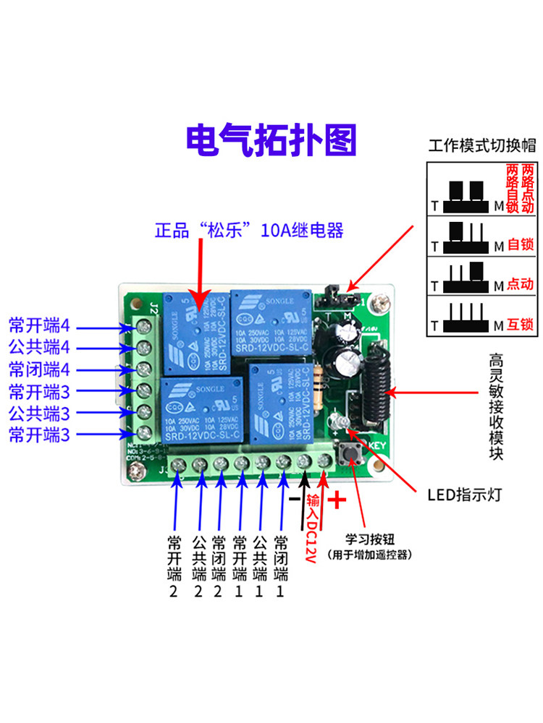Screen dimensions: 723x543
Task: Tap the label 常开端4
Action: coord(39,323)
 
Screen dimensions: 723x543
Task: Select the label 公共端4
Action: coord(39,346)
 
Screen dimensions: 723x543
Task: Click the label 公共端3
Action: coord(39,414)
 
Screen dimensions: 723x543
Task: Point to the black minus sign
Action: coord(295,499)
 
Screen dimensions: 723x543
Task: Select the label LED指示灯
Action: coord(463,495)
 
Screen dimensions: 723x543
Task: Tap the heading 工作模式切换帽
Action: coord(482,145)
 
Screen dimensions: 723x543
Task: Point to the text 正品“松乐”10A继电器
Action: coord(249,231)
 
